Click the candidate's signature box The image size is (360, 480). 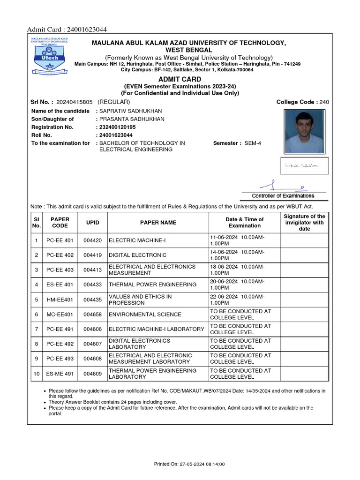coord(304,165)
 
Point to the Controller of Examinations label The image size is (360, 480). coord(283,196)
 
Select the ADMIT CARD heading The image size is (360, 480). coord(180,79)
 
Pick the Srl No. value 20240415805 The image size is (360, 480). coord(74,102)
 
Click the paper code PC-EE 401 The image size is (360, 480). coord(60,241)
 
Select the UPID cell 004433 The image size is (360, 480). coord(92,285)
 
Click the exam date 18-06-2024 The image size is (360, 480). coord(224,267)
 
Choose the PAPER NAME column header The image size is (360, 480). coord(158,223)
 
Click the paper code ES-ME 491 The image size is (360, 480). coord(60,374)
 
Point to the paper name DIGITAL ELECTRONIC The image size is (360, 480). coord(137,255)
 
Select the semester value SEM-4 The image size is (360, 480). coord(253,143)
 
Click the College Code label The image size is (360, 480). coord(297,102)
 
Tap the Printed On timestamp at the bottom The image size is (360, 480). coord(189,464)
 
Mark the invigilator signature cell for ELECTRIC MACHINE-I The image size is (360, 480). coord(304,241)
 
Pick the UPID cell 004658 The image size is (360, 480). coord(92,315)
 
